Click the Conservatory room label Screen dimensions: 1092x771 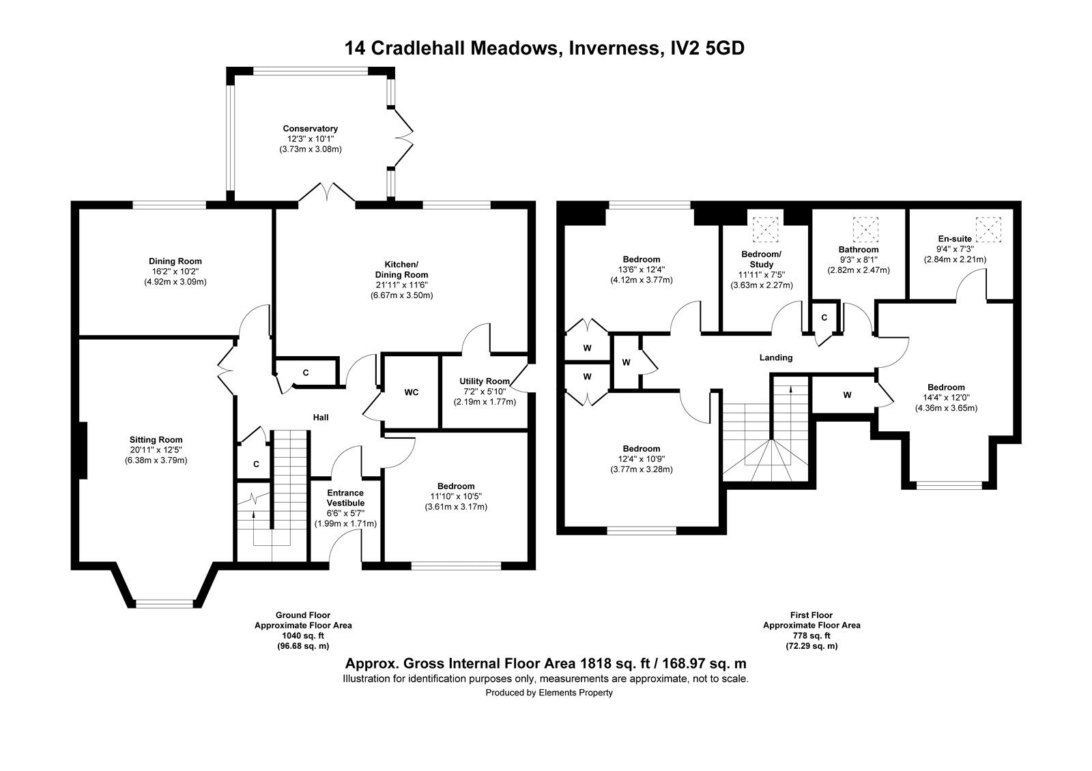[x=310, y=129]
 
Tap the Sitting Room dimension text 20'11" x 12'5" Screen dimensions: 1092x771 [x=156, y=450]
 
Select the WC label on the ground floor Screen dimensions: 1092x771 [x=412, y=392]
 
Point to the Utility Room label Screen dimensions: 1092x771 [x=485, y=381]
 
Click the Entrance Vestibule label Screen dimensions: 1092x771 [x=345, y=497]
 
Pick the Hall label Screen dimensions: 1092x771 [x=321, y=417]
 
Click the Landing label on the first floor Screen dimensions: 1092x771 [x=776, y=358]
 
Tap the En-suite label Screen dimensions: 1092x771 [x=955, y=239]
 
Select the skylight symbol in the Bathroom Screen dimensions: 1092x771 [x=865, y=229]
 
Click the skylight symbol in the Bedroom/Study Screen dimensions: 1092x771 [x=766, y=229]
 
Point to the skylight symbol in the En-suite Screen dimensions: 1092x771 [x=988, y=229]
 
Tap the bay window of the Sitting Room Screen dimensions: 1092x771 [x=164, y=603]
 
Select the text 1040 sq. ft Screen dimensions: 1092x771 [x=303, y=635]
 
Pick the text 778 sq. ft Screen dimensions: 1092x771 [x=811, y=635]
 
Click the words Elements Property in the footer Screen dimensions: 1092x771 [x=575, y=693]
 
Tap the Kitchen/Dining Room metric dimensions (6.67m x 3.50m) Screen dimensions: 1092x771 [x=402, y=295]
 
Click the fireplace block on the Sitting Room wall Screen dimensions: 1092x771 [x=83, y=450]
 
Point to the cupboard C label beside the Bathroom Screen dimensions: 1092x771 [x=824, y=318]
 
